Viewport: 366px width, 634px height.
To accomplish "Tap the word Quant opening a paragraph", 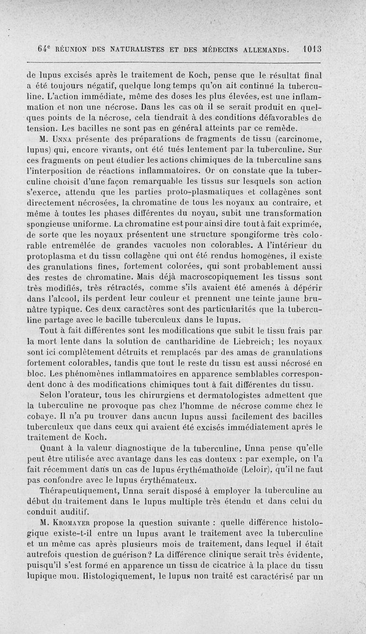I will click(54, 448).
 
